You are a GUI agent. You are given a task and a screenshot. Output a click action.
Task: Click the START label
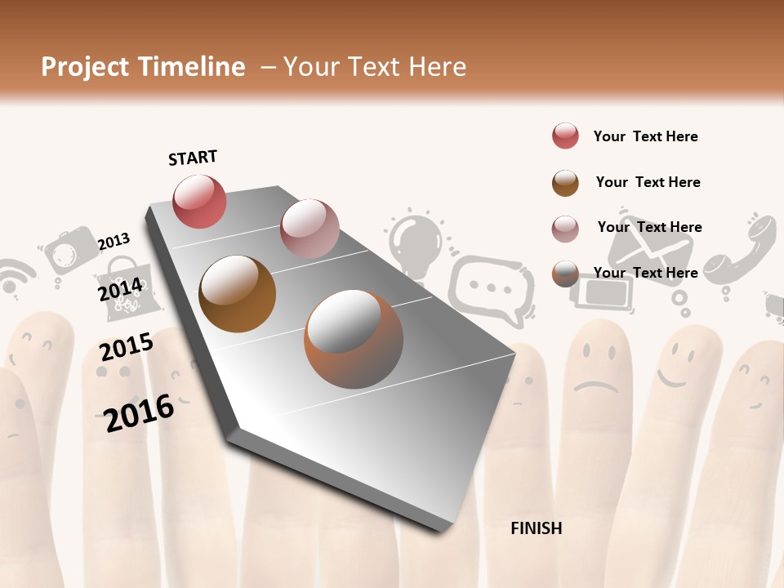point(193,158)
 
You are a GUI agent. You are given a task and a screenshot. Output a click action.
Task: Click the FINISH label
point(536,528)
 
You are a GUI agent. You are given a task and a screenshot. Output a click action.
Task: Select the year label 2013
point(114,242)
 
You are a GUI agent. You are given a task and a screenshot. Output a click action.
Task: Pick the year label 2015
point(127,347)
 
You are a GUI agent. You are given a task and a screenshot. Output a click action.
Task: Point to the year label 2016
point(139,412)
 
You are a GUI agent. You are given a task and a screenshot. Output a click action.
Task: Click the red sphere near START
point(199,201)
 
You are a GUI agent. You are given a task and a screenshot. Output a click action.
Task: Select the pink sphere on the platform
point(310,228)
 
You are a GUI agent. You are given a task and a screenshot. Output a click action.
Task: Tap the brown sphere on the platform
point(237,293)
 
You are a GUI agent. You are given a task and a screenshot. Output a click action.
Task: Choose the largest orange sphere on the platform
point(354,339)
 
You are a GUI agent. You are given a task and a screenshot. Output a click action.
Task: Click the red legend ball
point(565,136)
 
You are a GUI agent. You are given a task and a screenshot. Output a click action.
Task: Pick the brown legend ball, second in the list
point(565,183)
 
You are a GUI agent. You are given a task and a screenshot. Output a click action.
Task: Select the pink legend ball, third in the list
point(565,229)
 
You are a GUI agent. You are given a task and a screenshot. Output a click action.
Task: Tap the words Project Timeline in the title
point(143,67)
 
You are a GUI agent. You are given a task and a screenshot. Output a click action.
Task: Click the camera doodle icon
point(69,250)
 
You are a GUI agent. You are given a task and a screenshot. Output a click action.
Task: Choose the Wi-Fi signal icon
point(15,276)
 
